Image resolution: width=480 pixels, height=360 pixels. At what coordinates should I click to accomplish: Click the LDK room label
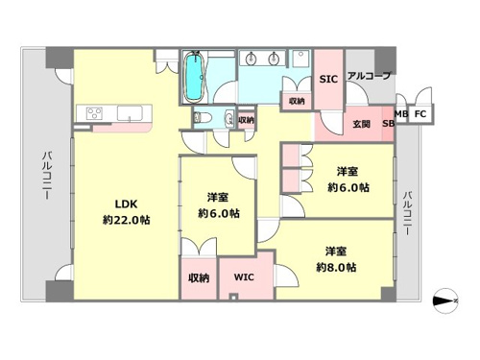click(126, 204)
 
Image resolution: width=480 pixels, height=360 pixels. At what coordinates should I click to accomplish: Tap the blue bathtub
click(194, 77)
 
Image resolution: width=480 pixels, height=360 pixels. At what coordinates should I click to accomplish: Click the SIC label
click(328, 79)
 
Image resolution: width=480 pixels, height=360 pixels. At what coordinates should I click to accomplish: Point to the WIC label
click(244, 277)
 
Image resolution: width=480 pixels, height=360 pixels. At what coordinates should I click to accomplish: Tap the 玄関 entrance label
click(362, 124)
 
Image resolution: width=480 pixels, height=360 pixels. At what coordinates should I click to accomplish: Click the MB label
click(401, 113)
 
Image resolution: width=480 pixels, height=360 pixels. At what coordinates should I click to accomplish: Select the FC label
click(420, 113)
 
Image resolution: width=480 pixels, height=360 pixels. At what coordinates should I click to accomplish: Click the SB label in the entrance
click(388, 124)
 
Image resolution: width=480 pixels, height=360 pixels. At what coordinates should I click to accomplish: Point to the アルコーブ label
click(369, 76)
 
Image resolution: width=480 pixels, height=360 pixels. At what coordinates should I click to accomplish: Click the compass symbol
click(445, 300)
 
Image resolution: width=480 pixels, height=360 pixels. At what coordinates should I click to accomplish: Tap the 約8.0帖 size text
click(336, 268)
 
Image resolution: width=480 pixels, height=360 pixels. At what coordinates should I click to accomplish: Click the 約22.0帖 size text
click(127, 220)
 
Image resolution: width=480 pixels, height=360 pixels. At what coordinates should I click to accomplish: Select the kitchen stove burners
click(94, 113)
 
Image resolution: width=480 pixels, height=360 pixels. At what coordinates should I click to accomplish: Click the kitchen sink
click(130, 113)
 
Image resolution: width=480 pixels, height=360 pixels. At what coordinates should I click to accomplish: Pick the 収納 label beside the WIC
click(199, 277)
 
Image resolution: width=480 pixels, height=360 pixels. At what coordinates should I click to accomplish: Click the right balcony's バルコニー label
click(407, 213)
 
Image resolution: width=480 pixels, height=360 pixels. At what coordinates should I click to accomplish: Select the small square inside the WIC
click(233, 298)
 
